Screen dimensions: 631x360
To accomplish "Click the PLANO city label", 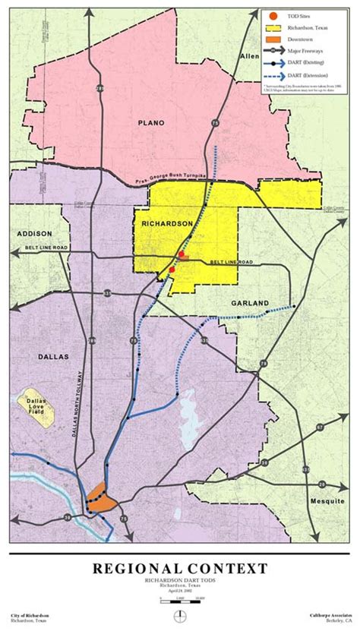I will (150, 121).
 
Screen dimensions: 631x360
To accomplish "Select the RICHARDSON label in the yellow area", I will (164, 224).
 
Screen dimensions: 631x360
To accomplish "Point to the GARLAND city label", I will (250, 303).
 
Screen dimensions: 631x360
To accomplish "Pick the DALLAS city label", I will (51, 356).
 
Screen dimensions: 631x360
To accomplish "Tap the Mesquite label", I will (327, 502).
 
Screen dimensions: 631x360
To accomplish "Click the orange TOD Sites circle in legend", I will (273, 15).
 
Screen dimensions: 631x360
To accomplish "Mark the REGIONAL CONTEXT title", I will (180, 569).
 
